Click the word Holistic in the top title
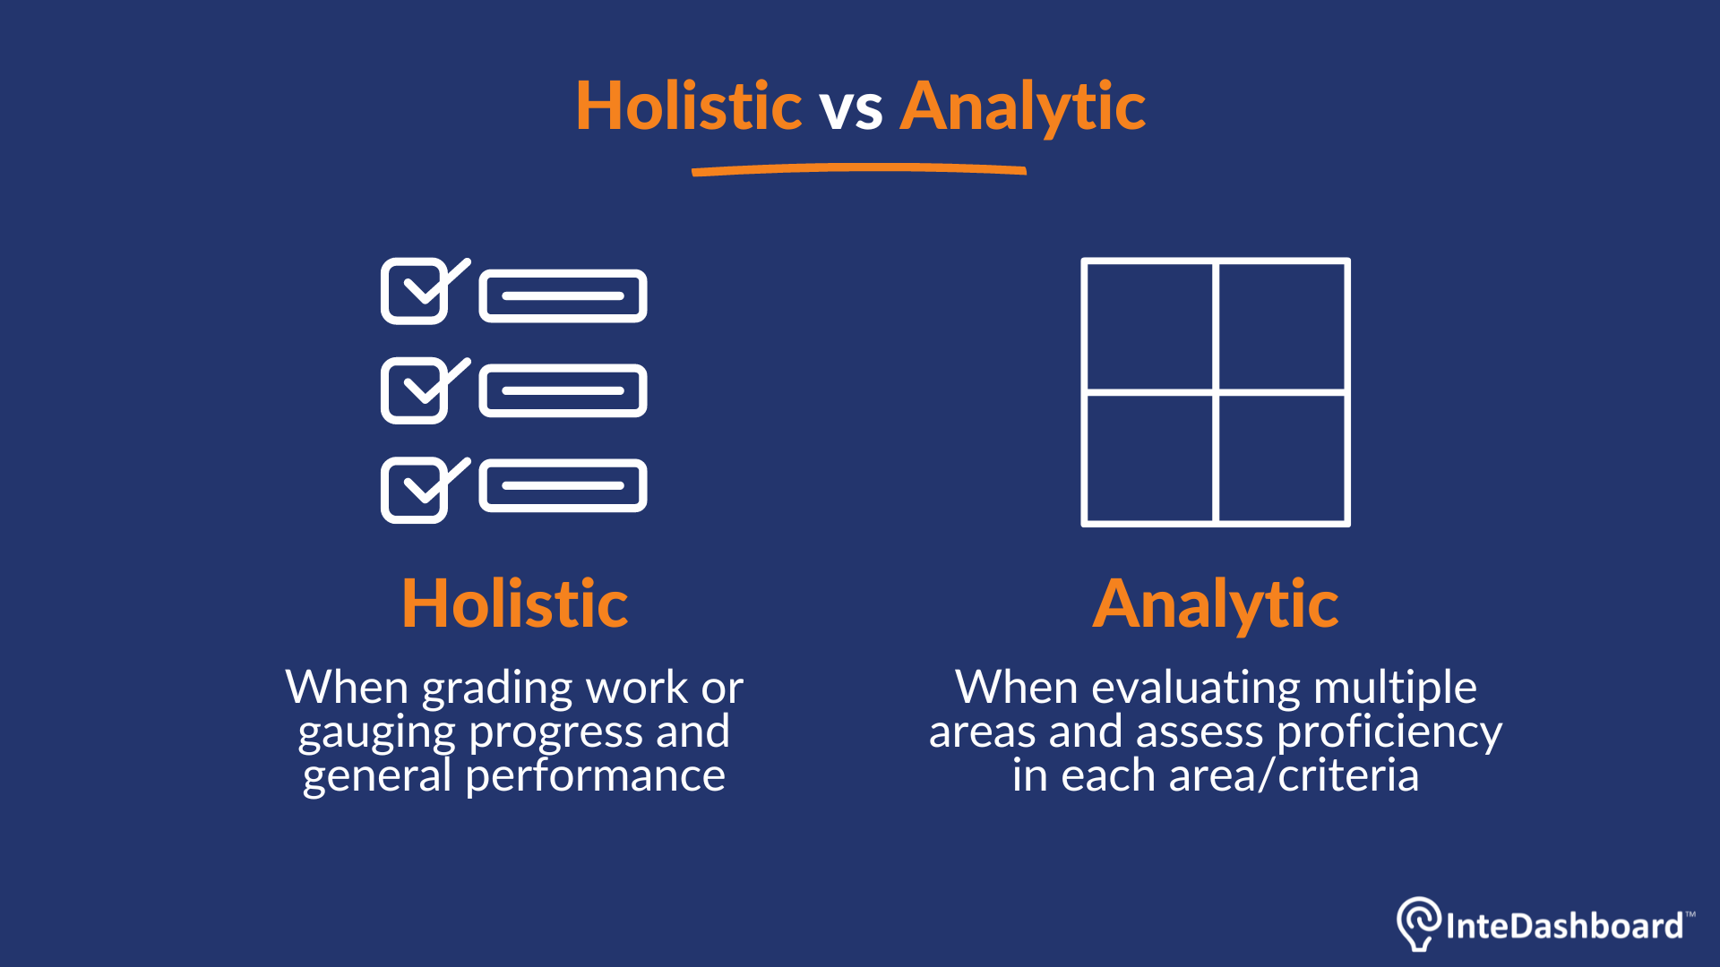(x=688, y=106)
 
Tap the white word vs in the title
(x=852, y=111)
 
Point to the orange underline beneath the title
(x=859, y=169)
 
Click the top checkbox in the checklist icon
(x=416, y=291)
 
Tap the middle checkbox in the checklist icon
(x=416, y=390)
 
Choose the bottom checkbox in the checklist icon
(x=416, y=490)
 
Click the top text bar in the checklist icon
(x=563, y=295)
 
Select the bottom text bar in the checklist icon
(x=563, y=485)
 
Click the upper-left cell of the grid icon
(x=1149, y=327)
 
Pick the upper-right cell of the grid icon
(x=1282, y=327)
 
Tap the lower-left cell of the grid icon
(x=1149, y=458)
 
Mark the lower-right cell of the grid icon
(x=1282, y=458)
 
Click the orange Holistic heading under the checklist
(x=515, y=603)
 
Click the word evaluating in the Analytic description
(x=1195, y=689)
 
